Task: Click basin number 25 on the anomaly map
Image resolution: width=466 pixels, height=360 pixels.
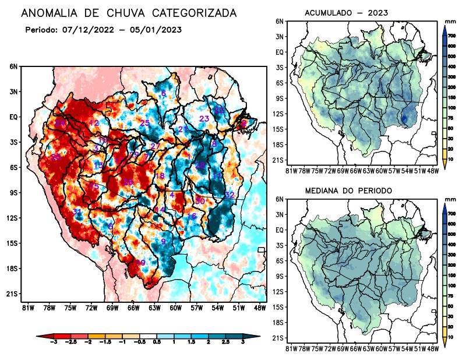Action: (x=145, y=122)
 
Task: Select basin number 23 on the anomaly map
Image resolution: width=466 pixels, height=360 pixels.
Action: (x=204, y=119)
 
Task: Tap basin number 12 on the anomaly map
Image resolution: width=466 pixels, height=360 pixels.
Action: (x=94, y=123)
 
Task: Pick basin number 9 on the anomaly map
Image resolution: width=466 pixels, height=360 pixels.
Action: (x=164, y=242)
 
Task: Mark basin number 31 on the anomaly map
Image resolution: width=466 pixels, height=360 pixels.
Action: (x=77, y=211)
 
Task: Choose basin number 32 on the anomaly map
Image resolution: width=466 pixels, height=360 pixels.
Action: (x=230, y=195)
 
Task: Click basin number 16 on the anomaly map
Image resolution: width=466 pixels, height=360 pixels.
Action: (x=191, y=216)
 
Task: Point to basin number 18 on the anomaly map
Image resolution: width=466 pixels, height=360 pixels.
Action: (x=160, y=176)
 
